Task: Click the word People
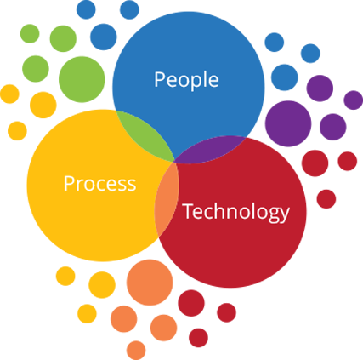click(x=186, y=80)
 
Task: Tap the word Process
click(x=99, y=184)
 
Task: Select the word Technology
click(x=236, y=213)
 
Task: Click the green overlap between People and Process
click(x=147, y=134)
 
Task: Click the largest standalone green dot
click(x=82, y=79)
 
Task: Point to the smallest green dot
click(x=30, y=34)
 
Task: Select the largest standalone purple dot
click(x=288, y=123)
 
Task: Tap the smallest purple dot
click(x=354, y=100)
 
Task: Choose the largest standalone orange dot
click(x=150, y=283)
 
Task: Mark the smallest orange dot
click(x=136, y=351)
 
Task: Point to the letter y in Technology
click(x=284, y=215)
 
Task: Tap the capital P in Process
click(x=69, y=183)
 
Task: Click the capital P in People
click(x=159, y=79)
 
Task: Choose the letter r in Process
click(x=80, y=186)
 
